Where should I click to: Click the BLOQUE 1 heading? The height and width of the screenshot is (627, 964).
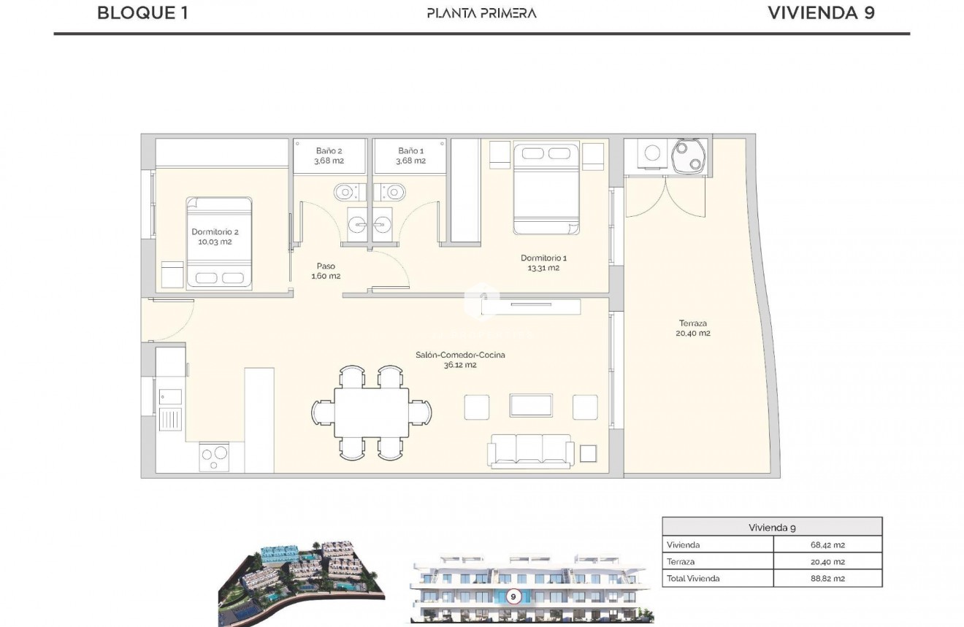click(x=142, y=12)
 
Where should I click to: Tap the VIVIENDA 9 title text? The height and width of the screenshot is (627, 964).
click(x=821, y=12)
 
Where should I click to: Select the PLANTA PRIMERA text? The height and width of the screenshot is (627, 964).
click(x=482, y=12)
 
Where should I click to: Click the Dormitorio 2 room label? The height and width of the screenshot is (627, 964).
click(x=215, y=236)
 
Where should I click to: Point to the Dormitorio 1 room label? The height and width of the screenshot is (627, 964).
click(x=543, y=263)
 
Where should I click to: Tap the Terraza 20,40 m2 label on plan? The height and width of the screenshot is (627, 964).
click(x=692, y=328)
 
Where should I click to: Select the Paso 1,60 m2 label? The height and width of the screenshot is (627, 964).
click(x=326, y=271)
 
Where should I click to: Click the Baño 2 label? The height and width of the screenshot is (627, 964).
click(x=329, y=155)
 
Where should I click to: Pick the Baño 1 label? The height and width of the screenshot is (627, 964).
click(x=410, y=155)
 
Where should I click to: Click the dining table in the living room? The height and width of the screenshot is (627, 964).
click(x=372, y=412)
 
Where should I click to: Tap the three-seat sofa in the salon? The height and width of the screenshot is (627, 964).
click(x=530, y=450)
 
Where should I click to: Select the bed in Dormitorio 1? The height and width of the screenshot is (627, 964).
click(x=546, y=188)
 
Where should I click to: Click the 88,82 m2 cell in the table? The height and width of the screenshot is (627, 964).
click(x=827, y=578)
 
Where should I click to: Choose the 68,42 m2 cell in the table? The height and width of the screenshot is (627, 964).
click(x=827, y=545)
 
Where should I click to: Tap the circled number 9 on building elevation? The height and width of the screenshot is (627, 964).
click(x=513, y=596)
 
